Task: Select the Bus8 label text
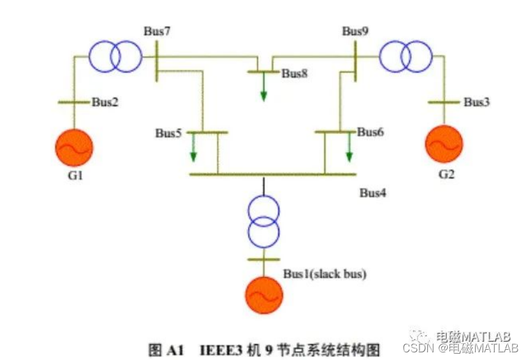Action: tap(295, 73)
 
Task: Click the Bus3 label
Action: tap(476, 101)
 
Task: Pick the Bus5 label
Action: tap(168, 133)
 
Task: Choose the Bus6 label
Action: tap(370, 132)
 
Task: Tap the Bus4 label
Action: tap(372, 192)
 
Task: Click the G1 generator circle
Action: tap(74, 147)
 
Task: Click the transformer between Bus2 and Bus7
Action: tap(115, 57)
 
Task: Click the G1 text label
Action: tap(75, 175)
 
